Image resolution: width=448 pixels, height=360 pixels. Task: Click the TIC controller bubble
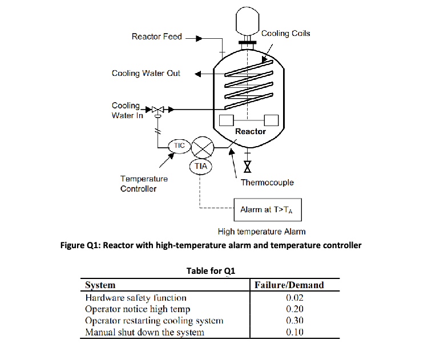click(179, 145)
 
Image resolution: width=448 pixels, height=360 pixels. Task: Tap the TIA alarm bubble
click(200, 165)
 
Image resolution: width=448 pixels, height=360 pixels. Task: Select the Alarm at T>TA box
click(267, 210)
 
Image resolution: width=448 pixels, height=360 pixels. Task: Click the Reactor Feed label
click(156, 37)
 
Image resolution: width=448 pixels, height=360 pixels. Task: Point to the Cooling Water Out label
click(146, 74)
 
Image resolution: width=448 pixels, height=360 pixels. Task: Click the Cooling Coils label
click(285, 34)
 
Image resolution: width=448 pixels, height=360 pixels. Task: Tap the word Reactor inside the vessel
click(250, 131)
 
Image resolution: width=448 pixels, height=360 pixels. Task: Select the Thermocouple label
click(267, 183)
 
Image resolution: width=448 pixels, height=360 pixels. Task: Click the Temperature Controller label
click(144, 184)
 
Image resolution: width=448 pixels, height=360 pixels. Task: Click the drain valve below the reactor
click(247, 167)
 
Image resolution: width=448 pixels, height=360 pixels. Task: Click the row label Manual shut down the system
click(144, 332)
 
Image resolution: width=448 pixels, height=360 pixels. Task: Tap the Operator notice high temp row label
click(138, 309)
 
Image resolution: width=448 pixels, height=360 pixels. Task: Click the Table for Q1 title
click(211, 270)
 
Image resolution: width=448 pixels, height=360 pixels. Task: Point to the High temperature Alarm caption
click(261, 232)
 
